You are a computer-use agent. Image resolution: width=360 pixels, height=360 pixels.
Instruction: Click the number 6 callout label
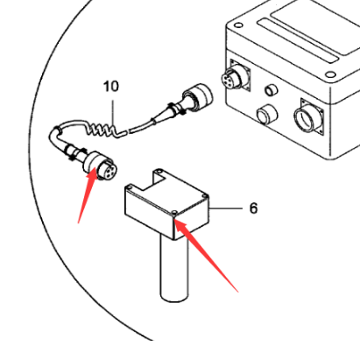[253, 209]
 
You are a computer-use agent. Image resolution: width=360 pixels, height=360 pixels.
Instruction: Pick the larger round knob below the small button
[264, 114]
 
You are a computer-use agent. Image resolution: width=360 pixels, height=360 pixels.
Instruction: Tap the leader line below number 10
[114, 109]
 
